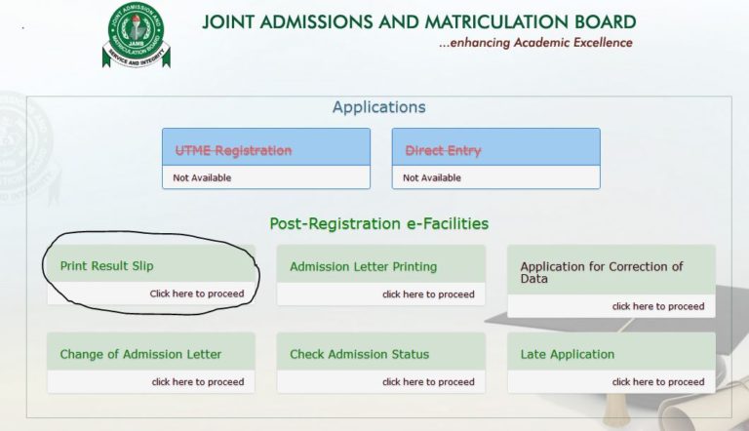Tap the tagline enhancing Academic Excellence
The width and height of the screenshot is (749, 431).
pyautogui.click(x=535, y=43)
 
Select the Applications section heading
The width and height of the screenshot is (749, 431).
pyautogui.click(x=378, y=107)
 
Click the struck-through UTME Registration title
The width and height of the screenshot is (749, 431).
pyautogui.click(x=233, y=150)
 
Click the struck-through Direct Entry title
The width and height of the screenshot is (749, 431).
pyautogui.click(x=443, y=150)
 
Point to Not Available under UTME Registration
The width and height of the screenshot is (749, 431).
pyautogui.click(x=202, y=177)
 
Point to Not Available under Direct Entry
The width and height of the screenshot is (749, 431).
pyautogui.click(x=432, y=177)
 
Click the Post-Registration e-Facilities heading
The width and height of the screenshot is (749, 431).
pyautogui.click(x=378, y=223)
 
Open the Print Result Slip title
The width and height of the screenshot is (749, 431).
pyautogui.click(x=106, y=265)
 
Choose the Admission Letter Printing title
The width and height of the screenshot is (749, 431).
pyautogui.click(x=363, y=266)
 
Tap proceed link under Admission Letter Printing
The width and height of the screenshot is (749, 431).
pyautogui.click(x=428, y=294)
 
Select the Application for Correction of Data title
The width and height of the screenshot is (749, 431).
pyautogui.click(x=602, y=272)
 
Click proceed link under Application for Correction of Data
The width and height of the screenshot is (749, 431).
pyautogui.click(x=658, y=306)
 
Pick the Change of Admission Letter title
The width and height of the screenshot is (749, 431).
pyautogui.click(x=140, y=354)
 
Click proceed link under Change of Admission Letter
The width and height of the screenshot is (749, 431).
pyautogui.click(x=198, y=382)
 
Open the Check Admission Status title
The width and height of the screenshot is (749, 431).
pyautogui.click(x=359, y=354)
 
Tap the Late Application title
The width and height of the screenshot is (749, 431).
pyautogui.click(x=568, y=354)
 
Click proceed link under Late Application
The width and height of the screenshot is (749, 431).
pyautogui.click(x=658, y=382)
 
